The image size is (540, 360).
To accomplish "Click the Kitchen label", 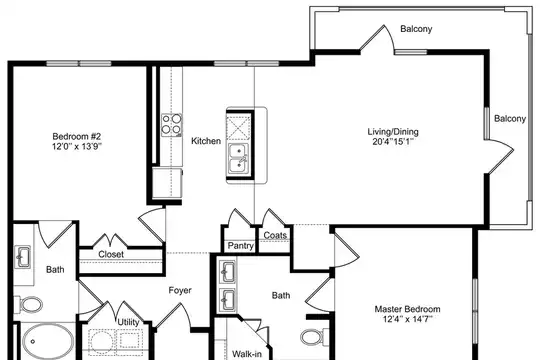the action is pyautogui.click(x=206, y=141).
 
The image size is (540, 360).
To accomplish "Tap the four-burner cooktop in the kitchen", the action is pyautogui.click(x=172, y=125).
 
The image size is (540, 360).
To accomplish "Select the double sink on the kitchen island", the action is pyautogui.click(x=238, y=159).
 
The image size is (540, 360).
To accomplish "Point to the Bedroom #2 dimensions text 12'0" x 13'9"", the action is pyautogui.click(x=77, y=147).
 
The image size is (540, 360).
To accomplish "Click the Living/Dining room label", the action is pyautogui.click(x=393, y=132).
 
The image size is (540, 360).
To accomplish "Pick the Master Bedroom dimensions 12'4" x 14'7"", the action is pyautogui.click(x=407, y=319).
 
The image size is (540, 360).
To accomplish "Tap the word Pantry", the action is pyautogui.click(x=241, y=246).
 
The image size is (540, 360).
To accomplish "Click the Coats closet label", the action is pyautogui.click(x=275, y=235).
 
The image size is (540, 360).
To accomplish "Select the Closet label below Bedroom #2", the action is pyautogui.click(x=111, y=254).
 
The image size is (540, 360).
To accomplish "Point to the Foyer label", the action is pyautogui.click(x=180, y=290).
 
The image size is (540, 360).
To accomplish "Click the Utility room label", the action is pyautogui.click(x=128, y=322).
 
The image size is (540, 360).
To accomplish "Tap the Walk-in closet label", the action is pyautogui.click(x=247, y=354).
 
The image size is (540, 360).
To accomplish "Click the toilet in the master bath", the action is pyautogui.click(x=315, y=336).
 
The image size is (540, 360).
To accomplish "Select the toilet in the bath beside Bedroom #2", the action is pyautogui.click(x=28, y=305).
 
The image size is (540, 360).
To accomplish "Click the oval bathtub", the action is pyautogui.click(x=48, y=341).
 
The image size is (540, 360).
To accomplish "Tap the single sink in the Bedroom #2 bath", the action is pyautogui.click(x=24, y=256).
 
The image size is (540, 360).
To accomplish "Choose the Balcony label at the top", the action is pyautogui.click(x=416, y=29).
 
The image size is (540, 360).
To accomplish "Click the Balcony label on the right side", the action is pyautogui.click(x=510, y=119).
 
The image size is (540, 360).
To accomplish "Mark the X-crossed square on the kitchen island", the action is pyautogui.click(x=238, y=128).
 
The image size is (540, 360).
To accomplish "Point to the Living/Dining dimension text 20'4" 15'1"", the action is pyautogui.click(x=393, y=141).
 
